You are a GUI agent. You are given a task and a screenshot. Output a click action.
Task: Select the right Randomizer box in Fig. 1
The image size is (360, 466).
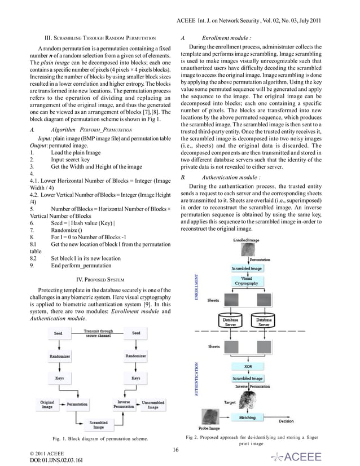point(136,356)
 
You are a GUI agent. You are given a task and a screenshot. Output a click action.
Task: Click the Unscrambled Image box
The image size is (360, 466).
point(153,405)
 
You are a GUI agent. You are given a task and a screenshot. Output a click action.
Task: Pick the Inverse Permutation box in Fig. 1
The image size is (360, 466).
point(123,405)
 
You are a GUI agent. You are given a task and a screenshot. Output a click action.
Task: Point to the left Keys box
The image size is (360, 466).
point(59,378)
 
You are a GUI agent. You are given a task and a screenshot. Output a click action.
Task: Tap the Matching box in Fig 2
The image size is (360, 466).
point(247,417)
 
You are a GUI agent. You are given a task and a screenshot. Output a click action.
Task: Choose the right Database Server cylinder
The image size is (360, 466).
point(264,322)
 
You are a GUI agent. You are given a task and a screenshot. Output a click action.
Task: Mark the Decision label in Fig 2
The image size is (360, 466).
point(286,421)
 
